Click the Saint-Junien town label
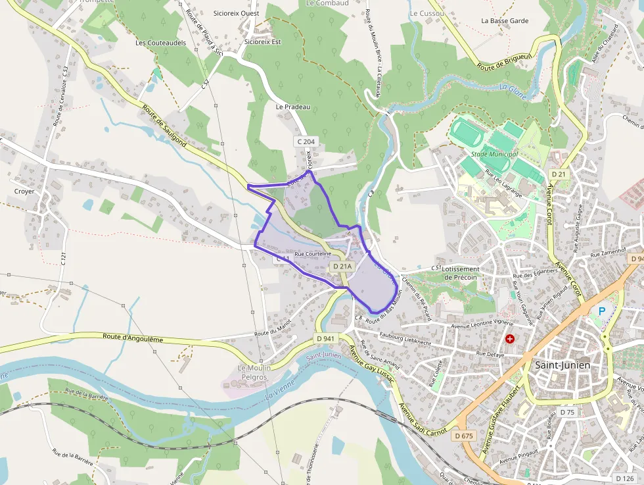[x=563, y=365]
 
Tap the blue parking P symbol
[x=601, y=311]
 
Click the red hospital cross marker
[x=510, y=338]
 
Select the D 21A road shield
[x=342, y=266]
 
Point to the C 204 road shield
[x=306, y=141]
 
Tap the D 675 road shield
[x=463, y=436]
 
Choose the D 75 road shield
[x=566, y=412]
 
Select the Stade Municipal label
[x=495, y=153]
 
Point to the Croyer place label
[x=24, y=191]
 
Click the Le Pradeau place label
[x=292, y=107]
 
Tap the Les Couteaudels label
[x=160, y=43]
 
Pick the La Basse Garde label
[x=505, y=20]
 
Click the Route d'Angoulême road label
[x=133, y=338]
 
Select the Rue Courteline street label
[x=313, y=253]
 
